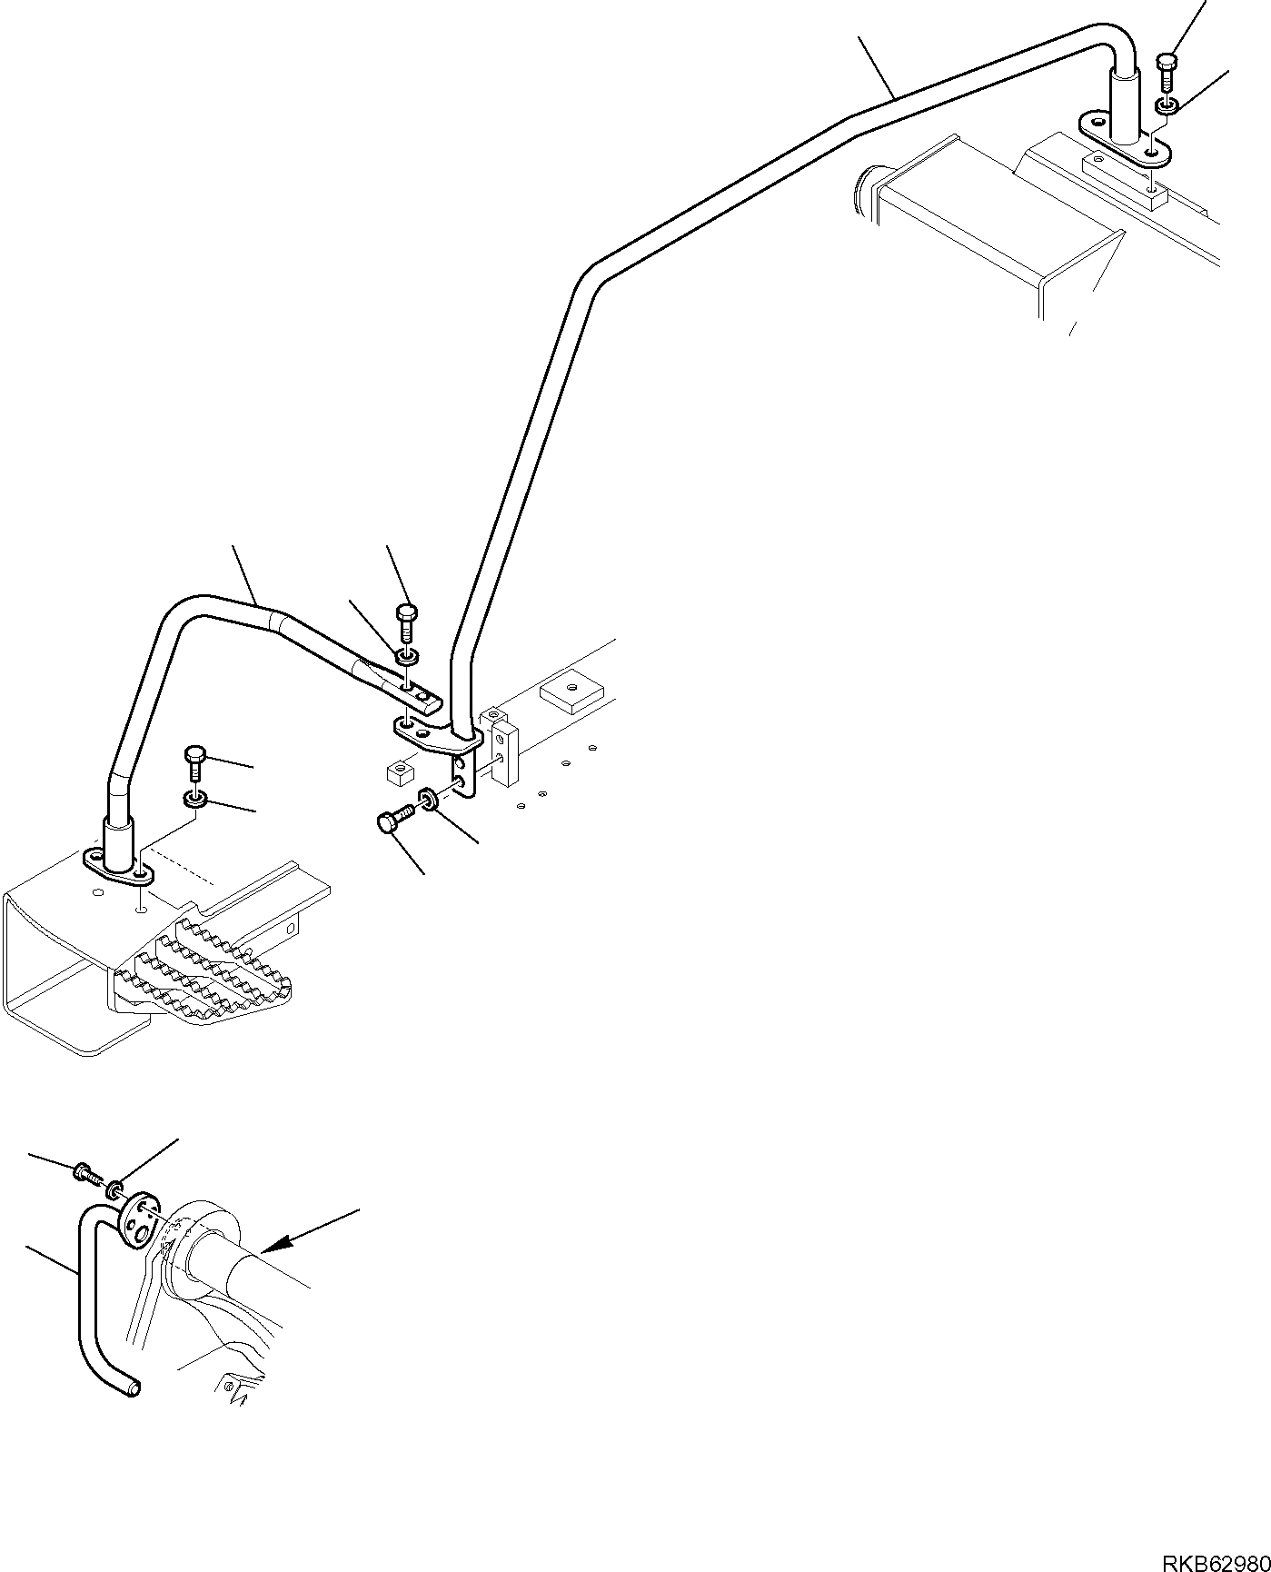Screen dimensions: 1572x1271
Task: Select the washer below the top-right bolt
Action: [x=1167, y=106]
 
